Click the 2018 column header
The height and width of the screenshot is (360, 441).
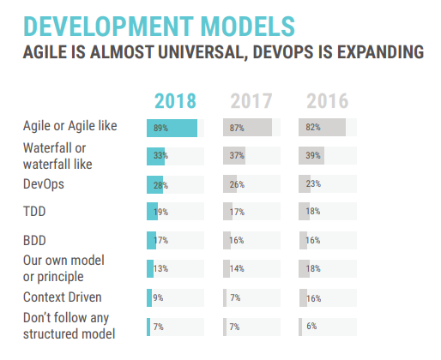(175, 101)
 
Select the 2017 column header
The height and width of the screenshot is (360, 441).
(251, 101)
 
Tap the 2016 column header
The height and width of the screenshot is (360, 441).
(328, 101)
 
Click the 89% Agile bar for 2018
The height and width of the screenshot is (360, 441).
(172, 128)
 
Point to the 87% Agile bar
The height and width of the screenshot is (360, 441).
(247, 128)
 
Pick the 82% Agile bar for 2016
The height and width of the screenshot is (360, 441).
(322, 128)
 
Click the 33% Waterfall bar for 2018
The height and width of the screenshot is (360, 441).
(155, 156)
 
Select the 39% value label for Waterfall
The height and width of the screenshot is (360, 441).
(313, 155)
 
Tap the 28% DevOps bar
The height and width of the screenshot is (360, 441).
(154, 184)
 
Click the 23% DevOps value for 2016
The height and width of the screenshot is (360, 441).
(313, 183)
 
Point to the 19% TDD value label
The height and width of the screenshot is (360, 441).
(160, 212)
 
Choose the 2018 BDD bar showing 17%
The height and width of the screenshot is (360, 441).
(151, 240)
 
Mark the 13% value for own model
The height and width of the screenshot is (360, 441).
(160, 268)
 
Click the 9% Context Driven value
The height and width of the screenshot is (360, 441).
(158, 298)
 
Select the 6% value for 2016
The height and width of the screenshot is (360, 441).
(311, 326)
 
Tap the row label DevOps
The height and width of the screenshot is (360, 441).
(44, 184)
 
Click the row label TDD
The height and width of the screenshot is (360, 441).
(34, 212)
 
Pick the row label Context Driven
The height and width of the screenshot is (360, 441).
(63, 297)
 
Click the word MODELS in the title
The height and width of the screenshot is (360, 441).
(248, 27)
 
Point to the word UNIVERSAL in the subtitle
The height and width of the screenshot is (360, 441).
(202, 52)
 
